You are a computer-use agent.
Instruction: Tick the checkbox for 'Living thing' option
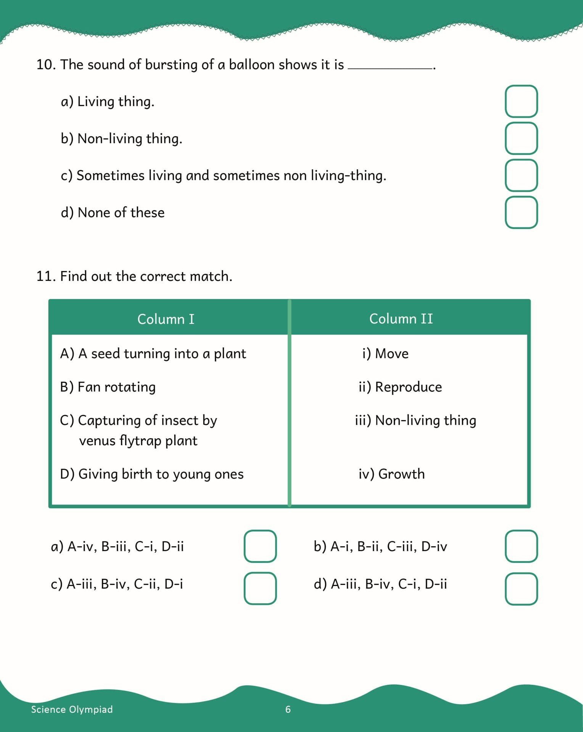pyautogui.click(x=521, y=101)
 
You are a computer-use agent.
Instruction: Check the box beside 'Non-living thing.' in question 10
pyautogui.click(x=521, y=138)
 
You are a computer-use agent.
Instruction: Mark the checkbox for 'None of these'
pyautogui.click(x=521, y=212)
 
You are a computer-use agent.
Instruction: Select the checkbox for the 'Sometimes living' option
pyautogui.click(x=521, y=175)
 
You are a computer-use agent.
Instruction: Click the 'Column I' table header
pyautogui.click(x=166, y=319)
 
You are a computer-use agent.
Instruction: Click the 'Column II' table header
pyautogui.click(x=401, y=319)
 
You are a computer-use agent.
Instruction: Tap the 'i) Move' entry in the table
pyautogui.click(x=385, y=353)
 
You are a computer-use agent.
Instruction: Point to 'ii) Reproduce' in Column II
pyautogui.click(x=400, y=387)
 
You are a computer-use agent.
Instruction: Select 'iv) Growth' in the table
pyautogui.click(x=391, y=474)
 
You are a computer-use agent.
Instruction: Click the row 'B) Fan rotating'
pyautogui.click(x=108, y=387)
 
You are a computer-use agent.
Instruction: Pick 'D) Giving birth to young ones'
pyautogui.click(x=152, y=474)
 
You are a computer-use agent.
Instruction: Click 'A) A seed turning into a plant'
pyautogui.click(x=153, y=353)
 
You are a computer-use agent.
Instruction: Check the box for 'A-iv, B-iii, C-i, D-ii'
pyautogui.click(x=260, y=546)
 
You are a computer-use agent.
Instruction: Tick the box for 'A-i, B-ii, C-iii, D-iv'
pyautogui.click(x=521, y=546)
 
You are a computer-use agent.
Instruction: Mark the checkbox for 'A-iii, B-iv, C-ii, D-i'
pyautogui.click(x=260, y=588)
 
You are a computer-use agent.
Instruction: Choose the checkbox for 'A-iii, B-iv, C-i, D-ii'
pyautogui.click(x=521, y=589)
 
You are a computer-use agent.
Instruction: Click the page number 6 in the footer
pyautogui.click(x=288, y=710)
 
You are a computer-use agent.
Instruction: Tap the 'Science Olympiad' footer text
pyautogui.click(x=72, y=710)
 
